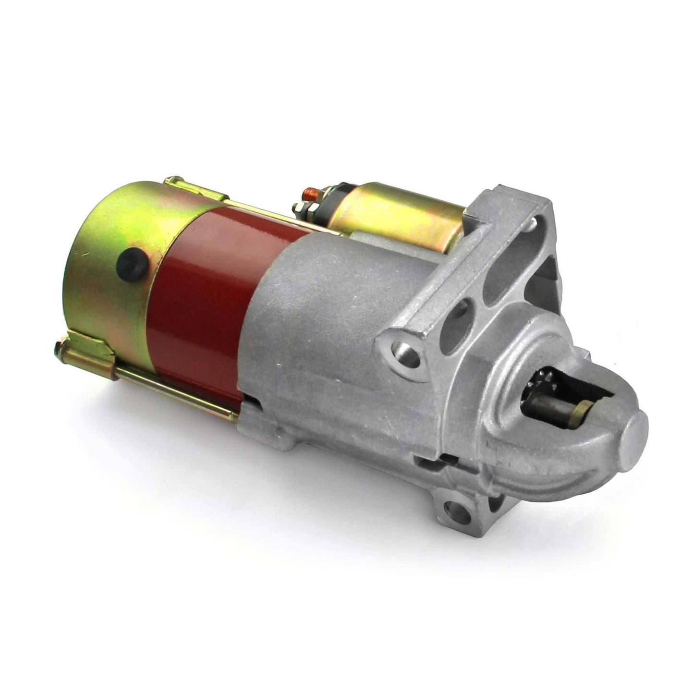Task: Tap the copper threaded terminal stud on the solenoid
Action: [x=308, y=194]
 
